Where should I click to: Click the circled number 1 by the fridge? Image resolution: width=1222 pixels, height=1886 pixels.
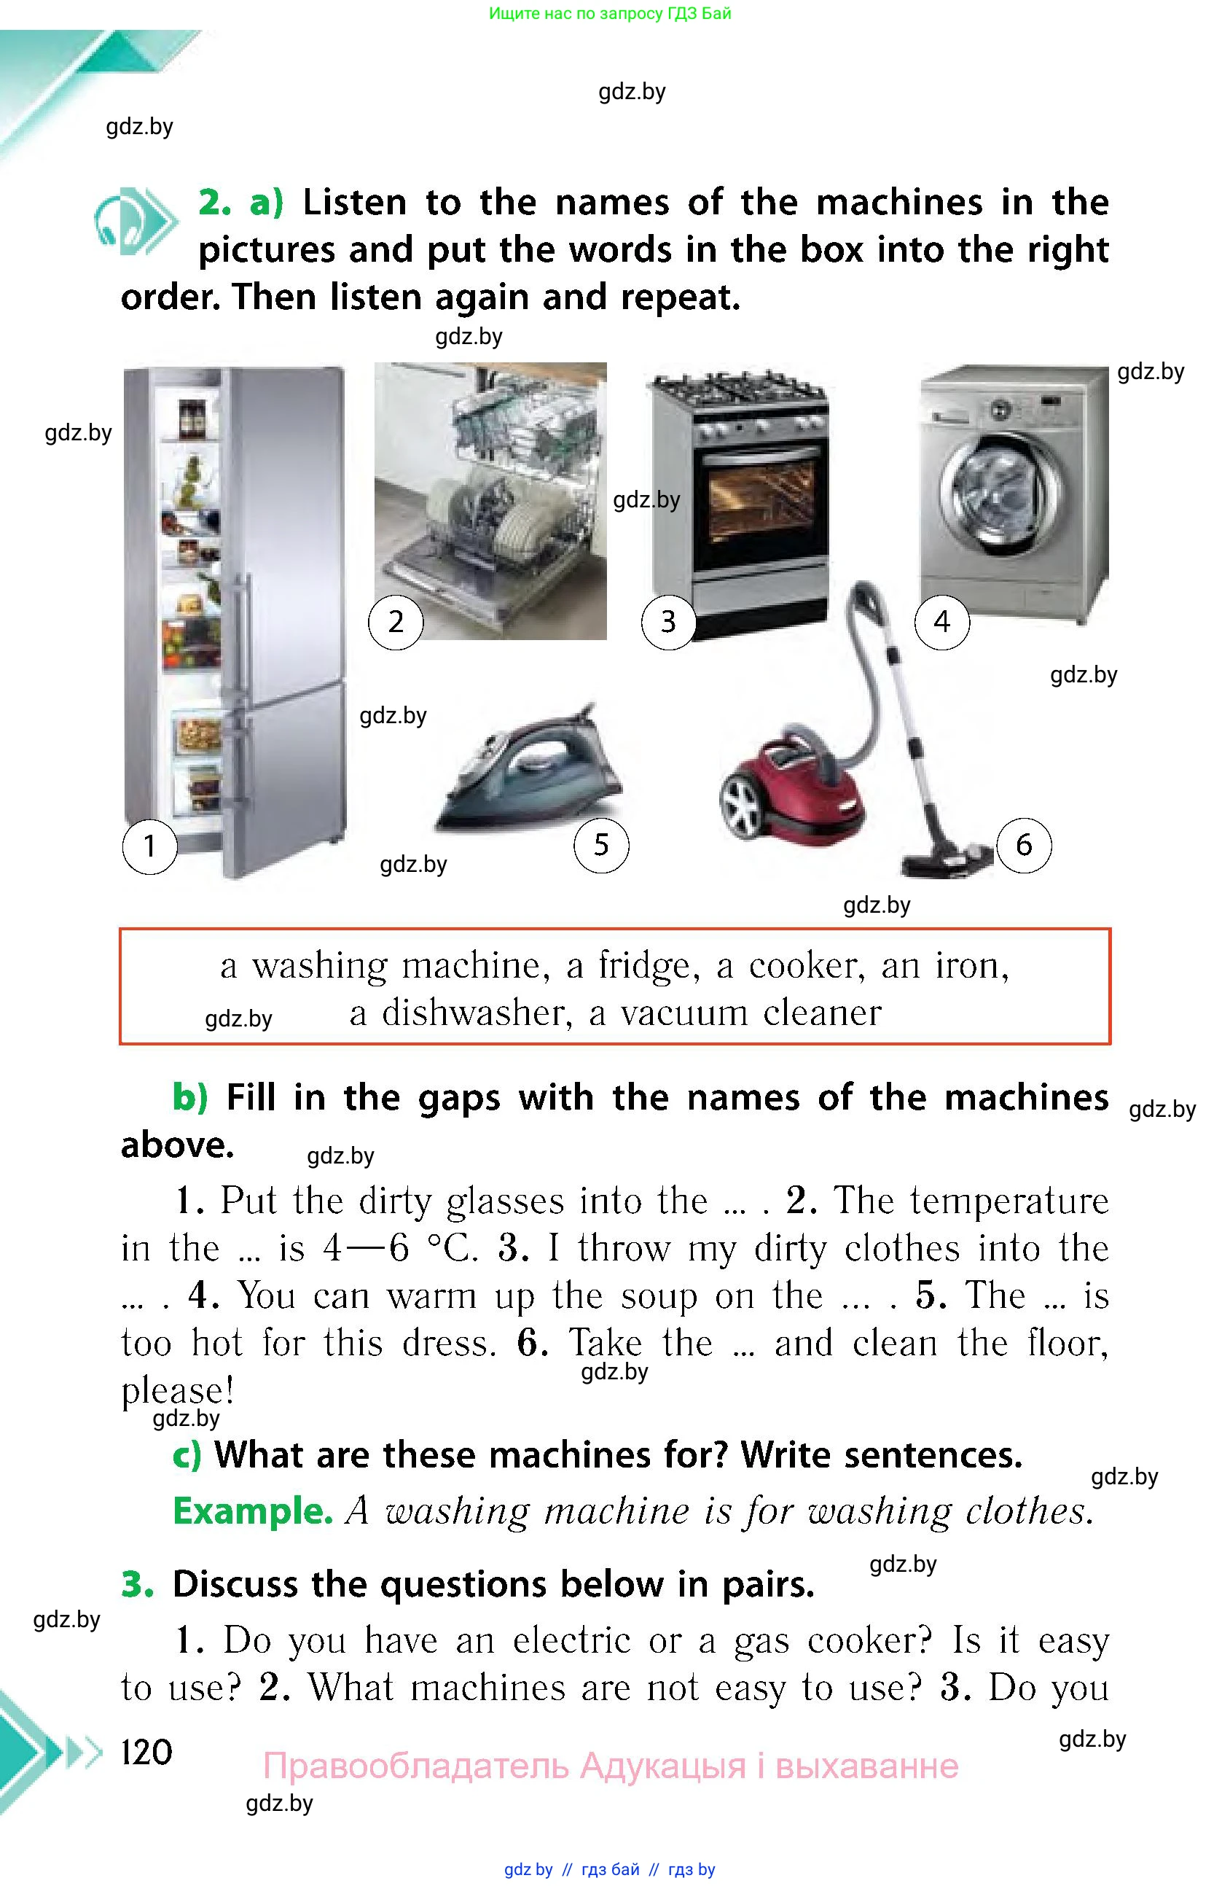(149, 846)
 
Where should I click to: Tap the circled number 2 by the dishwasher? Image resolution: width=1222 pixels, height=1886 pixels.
(396, 622)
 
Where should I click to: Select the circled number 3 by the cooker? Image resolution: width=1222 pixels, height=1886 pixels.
(668, 622)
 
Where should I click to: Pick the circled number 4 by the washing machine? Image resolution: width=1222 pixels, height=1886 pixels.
(941, 622)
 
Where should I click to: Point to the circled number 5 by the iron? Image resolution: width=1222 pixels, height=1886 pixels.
(601, 845)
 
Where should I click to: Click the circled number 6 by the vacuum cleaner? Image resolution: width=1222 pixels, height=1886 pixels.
(1024, 845)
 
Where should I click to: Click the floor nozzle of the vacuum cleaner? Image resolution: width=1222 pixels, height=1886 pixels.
(947, 860)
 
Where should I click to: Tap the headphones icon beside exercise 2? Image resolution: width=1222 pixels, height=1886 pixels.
(135, 220)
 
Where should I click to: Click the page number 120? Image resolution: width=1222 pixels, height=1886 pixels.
(146, 1752)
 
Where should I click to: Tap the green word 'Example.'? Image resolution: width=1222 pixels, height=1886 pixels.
(253, 1511)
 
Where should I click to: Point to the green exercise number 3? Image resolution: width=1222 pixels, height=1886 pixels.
(136, 1585)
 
